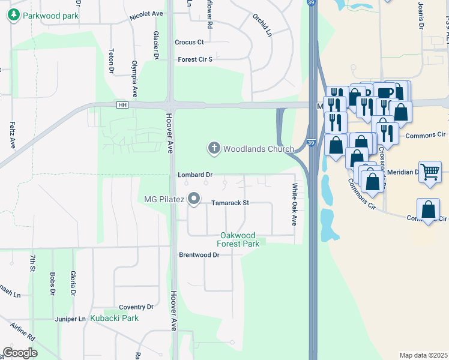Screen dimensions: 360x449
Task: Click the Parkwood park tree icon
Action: pyautogui.click(x=13, y=15)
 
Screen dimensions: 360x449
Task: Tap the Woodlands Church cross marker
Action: pyautogui.click(x=213, y=148)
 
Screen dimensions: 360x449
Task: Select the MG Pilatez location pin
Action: pyautogui.click(x=193, y=198)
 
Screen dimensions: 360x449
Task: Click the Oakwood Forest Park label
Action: pyautogui.click(x=239, y=239)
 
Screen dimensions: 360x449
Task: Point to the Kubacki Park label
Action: pyautogui.click(x=114, y=318)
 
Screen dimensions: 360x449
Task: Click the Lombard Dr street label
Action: pyautogui.click(x=195, y=175)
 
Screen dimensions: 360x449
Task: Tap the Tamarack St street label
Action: pyautogui.click(x=229, y=203)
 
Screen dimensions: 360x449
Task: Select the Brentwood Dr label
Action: pyautogui.click(x=199, y=255)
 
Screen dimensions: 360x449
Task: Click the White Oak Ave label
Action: pyautogui.click(x=295, y=204)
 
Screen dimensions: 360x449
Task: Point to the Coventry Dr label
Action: pyautogui.click(x=136, y=307)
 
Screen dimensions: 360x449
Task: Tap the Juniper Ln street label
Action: pyautogui.click(x=69, y=319)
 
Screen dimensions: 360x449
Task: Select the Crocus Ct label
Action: pyautogui.click(x=189, y=42)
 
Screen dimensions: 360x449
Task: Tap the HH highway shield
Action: pyautogui.click(x=123, y=105)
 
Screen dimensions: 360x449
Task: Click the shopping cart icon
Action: pyautogui.click(x=430, y=172)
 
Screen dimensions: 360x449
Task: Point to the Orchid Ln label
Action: pyautogui.click(x=262, y=25)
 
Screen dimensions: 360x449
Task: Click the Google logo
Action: pyautogui.click(x=20, y=353)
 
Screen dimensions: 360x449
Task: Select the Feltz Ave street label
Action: pyautogui.click(x=12, y=135)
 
